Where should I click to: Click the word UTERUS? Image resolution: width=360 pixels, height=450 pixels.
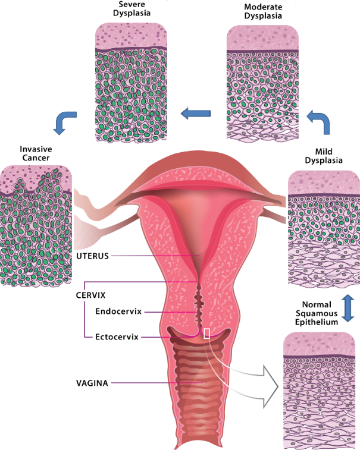click(x=94, y=256)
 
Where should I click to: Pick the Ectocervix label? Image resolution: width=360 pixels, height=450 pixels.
click(x=117, y=336)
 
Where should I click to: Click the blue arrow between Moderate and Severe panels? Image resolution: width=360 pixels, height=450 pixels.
click(x=196, y=112)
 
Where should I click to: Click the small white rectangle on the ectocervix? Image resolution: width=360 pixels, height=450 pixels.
click(x=206, y=333)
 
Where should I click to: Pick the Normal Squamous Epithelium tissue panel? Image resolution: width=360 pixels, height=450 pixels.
click(x=320, y=389)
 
